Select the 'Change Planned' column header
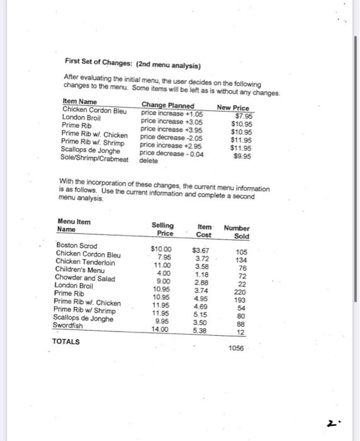tap(167, 105)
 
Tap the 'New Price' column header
tap(232, 108)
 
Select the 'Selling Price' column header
tap(162, 229)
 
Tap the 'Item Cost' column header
tap(204, 231)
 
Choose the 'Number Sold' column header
tap(237, 232)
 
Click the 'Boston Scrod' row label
tap(77, 246)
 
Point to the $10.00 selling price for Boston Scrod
tap(162, 249)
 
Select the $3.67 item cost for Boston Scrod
tap(200, 251)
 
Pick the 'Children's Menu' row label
tap(79, 270)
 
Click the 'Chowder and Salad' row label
tap(85, 277)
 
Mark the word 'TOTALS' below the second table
tap(66, 341)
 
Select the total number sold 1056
tap(237, 348)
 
